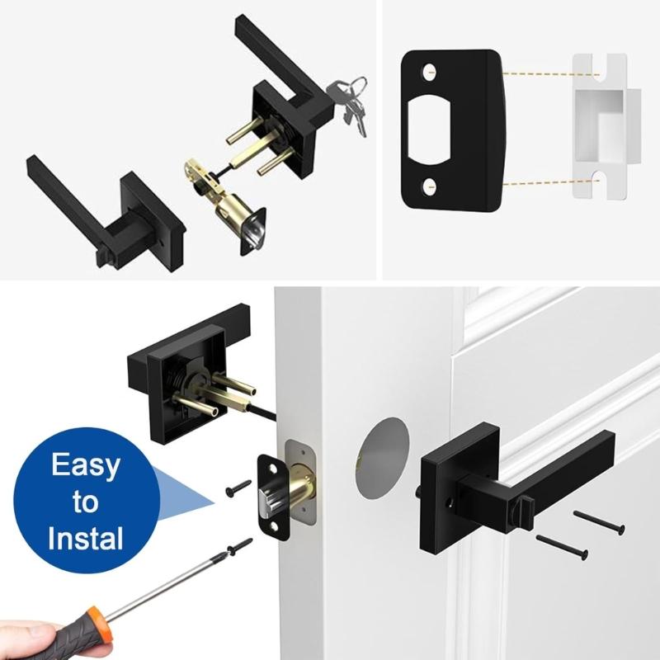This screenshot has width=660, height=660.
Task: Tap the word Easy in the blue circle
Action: (x=85, y=465)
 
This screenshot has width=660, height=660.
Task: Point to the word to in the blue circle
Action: (x=84, y=502)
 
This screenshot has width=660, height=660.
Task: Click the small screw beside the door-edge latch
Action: (x=239, y=488)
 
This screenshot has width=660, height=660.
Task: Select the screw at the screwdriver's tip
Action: (x=237, y=546)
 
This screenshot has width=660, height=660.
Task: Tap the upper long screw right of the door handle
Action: (x=599, y=522)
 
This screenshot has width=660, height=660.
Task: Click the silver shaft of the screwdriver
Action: (x=165, y=587)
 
